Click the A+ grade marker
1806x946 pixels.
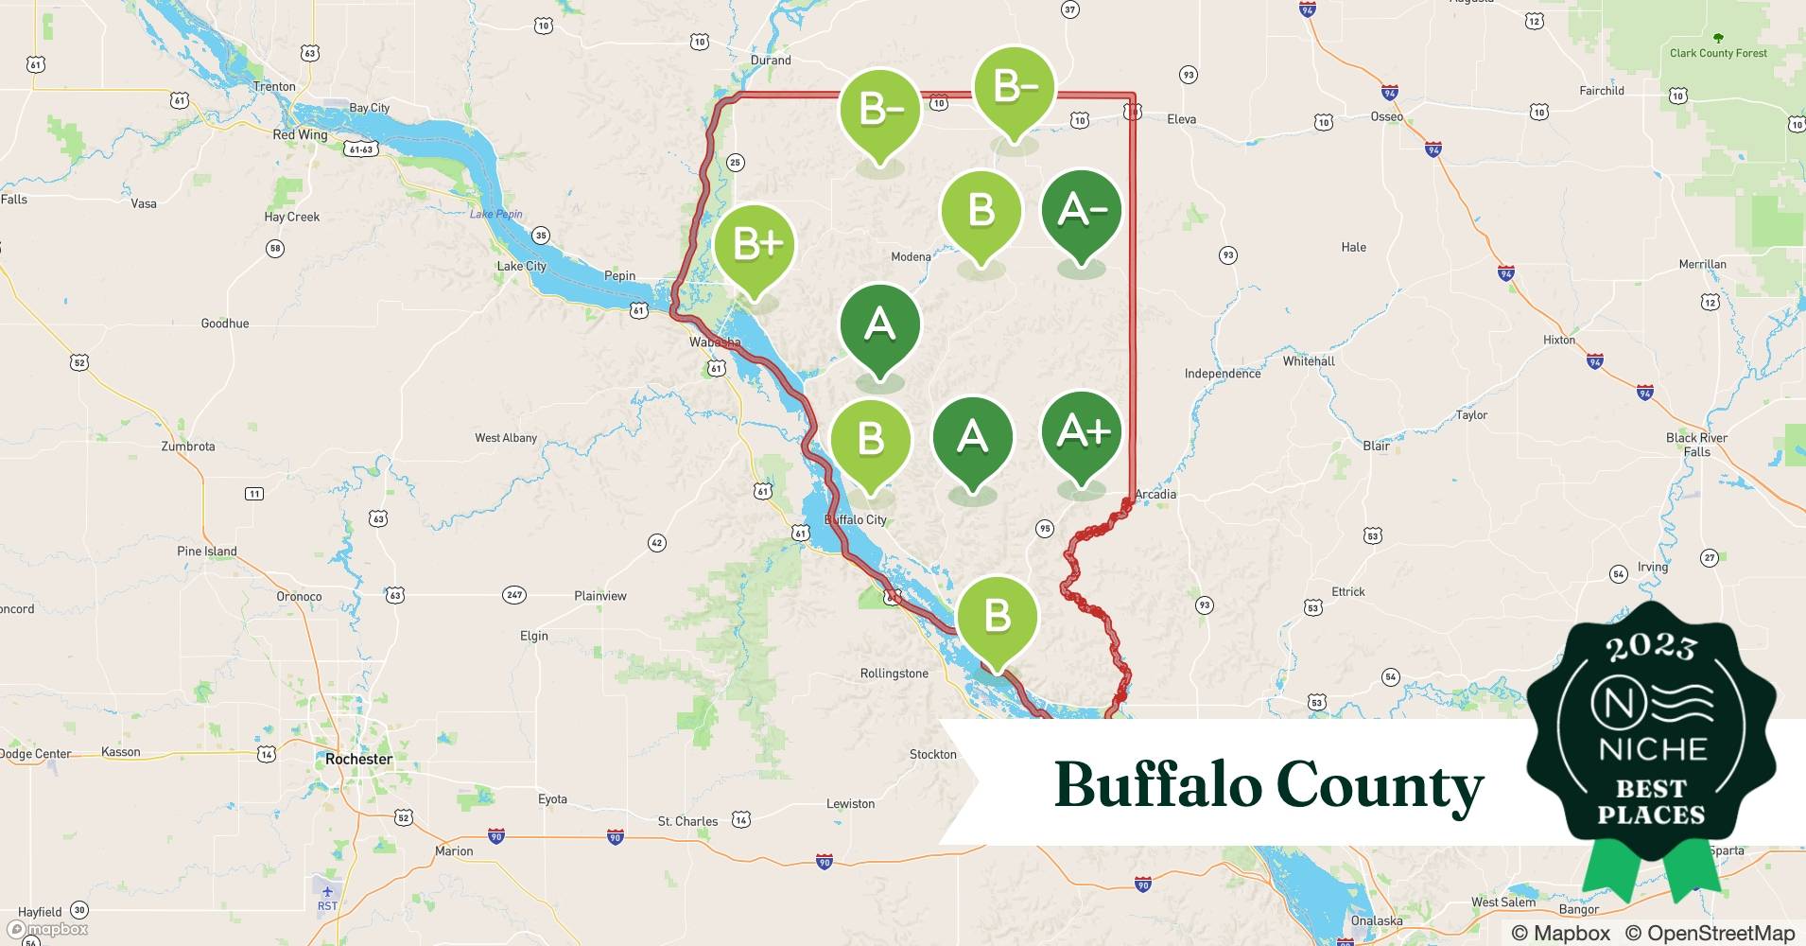pyautogui.click(x=1081, y=433)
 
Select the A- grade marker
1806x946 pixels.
pyautogui.click(x=1081, y=211)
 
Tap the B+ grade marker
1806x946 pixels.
pyautogui.click(x=755, y=245)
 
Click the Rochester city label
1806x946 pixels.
pyautogui.click(x=358, y=759)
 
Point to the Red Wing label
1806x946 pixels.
pyautogui.click(x=300, y=134)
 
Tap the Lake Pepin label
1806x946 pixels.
pyautogui.click(x=496, y=214)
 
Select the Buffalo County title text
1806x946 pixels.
pyautogui.click(x=1269, y=785)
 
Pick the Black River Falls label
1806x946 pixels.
pyautogui.click(x=1696, y=445)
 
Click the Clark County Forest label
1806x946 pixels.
pyautogui.click(x=1718, y=53)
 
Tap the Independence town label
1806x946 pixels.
pyautogui.click(x=1223, y=374)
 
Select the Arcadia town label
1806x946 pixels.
pyautogui.click(x=1155, y=494)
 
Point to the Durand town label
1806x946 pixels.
pyautogui.click(x=771, y=60)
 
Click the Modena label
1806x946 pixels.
pyautogui.click(x=911, y=256)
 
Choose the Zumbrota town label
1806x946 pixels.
pyautogui.click(x=188, y=447)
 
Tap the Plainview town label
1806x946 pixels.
pyautogui.click(x=600, y=596)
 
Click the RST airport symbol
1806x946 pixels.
pyautogui.click(x=327, y=892)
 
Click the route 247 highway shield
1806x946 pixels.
pyautogui.click(x=514, y=595)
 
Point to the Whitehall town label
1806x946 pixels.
pyautogui.click(x=1309, y=361)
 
